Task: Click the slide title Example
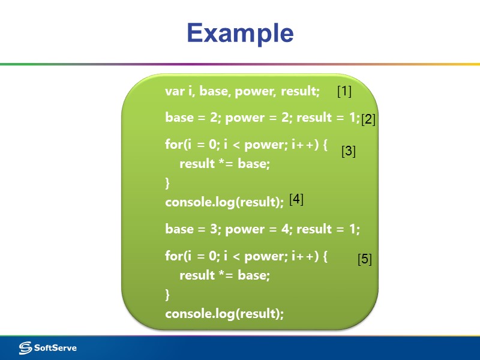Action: [240, 33]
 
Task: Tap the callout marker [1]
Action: [344, 91]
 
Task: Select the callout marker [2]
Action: [368, 119]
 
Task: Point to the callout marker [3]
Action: [349, 152]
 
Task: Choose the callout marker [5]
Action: [365, 260]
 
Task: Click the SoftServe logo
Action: [47, 347]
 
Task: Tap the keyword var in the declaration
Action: [175, 91]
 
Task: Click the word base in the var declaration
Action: [215, 91]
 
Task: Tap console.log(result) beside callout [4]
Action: [224, 202]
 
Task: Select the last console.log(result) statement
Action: [224, 314]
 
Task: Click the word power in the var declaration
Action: [258, 91]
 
